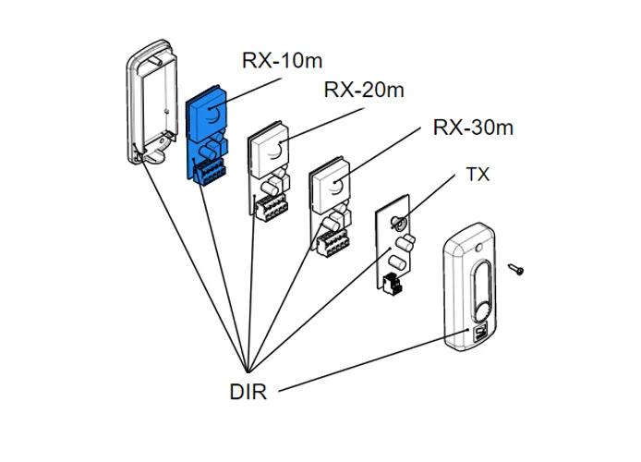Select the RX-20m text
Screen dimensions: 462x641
(x=364, y=90)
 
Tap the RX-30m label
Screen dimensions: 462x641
(x=473, y=127)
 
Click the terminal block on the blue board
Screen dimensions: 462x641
(x=211, y=170)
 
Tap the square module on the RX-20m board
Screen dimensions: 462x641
(x=270, y=148)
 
